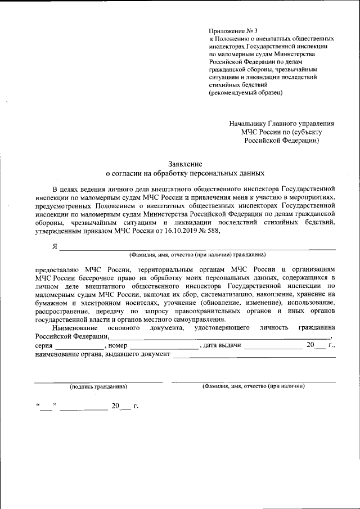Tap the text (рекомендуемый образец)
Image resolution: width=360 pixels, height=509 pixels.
point(246,92)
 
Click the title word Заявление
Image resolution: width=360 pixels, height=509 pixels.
point(184,163)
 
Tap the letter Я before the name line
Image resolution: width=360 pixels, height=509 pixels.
point(55,246)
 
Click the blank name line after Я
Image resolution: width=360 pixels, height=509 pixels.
point(197,248)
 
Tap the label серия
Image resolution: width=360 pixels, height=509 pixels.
point(43,345)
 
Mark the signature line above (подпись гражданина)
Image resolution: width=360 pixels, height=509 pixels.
point(98,382)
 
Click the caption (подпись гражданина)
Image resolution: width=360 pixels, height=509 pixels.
point(98,387)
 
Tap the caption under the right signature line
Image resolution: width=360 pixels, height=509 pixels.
point(253,387)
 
